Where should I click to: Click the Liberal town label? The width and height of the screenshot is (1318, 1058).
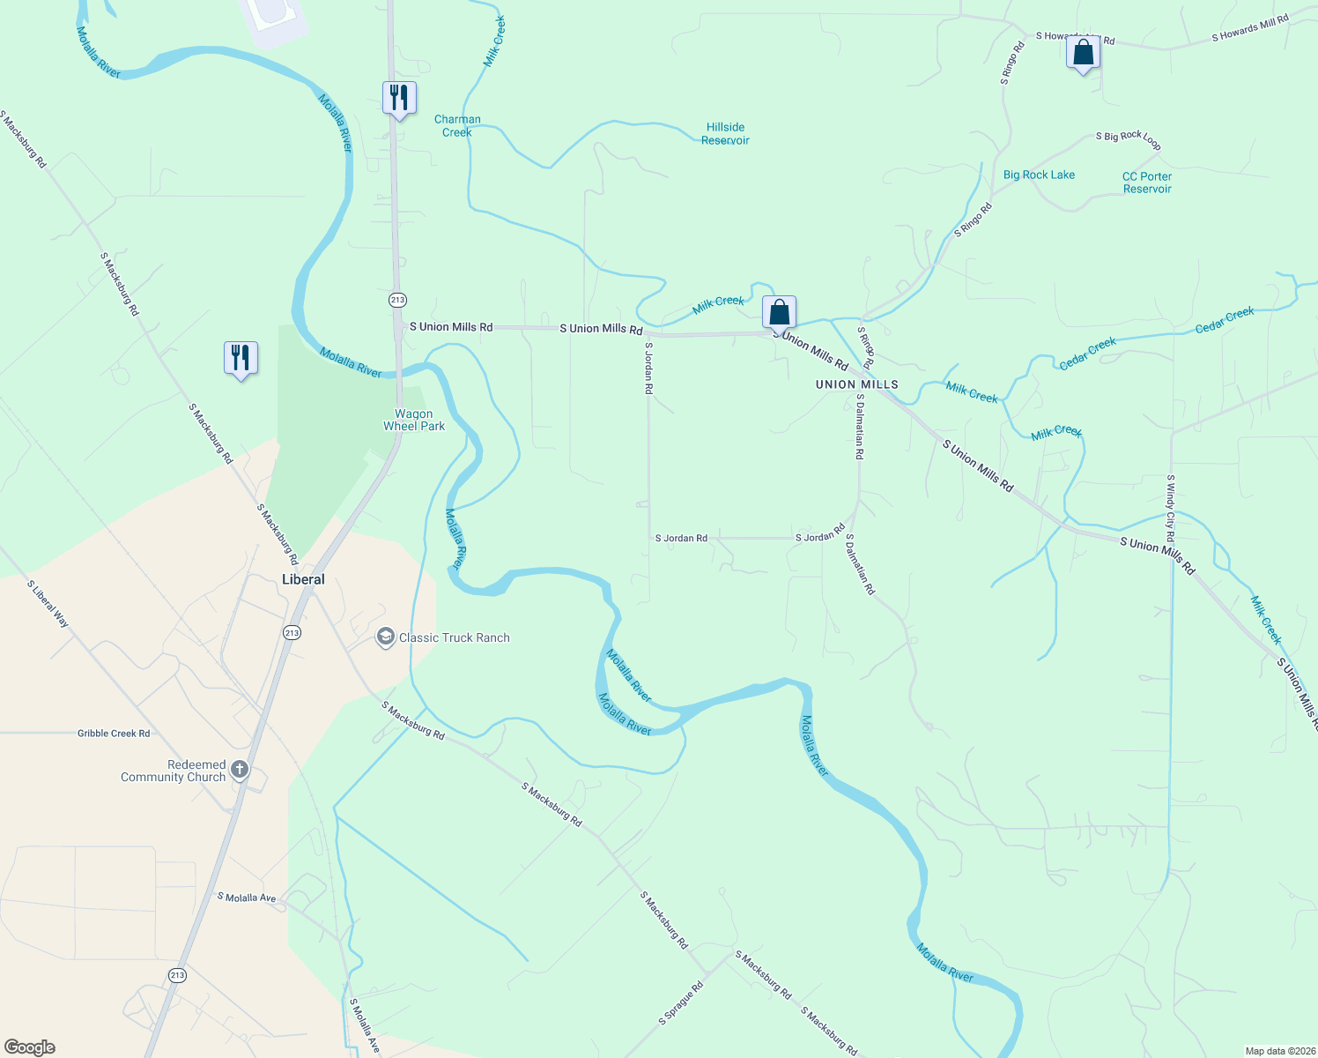(303, 579)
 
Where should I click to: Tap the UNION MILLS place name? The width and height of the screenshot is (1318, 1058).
(856, 384)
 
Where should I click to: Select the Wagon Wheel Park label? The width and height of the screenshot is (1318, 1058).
(414, 420)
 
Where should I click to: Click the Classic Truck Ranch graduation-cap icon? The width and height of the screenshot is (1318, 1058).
(385, 637)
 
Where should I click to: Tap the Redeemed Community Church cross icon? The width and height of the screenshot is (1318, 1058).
(239, 771)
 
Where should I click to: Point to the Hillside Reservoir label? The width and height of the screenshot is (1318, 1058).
(725, 134)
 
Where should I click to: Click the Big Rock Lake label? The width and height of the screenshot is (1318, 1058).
(1039, 175)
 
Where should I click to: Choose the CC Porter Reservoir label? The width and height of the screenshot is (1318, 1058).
(1146, 183)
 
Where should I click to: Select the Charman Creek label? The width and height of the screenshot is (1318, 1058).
(457, 126)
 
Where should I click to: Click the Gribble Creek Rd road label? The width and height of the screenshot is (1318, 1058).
(114, 733)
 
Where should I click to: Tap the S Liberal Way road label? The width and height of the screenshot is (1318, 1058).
(48, 604)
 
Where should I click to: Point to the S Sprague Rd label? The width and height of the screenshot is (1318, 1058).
(681, 1003)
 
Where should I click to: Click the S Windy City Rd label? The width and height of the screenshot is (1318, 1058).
(1170, 509)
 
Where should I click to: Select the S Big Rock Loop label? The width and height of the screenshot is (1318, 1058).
(1128, 139)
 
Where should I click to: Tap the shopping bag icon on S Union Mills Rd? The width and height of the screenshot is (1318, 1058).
(779, 313)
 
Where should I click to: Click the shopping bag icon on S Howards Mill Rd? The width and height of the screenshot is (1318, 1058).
(1083, 53)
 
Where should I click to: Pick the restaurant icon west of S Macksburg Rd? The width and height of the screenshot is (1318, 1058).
(241, 358)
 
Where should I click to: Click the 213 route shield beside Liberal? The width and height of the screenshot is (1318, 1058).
(292, 632)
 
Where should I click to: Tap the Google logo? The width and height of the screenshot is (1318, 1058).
(30, 1047)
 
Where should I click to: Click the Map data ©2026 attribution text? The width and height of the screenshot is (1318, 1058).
(1279, 1051)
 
